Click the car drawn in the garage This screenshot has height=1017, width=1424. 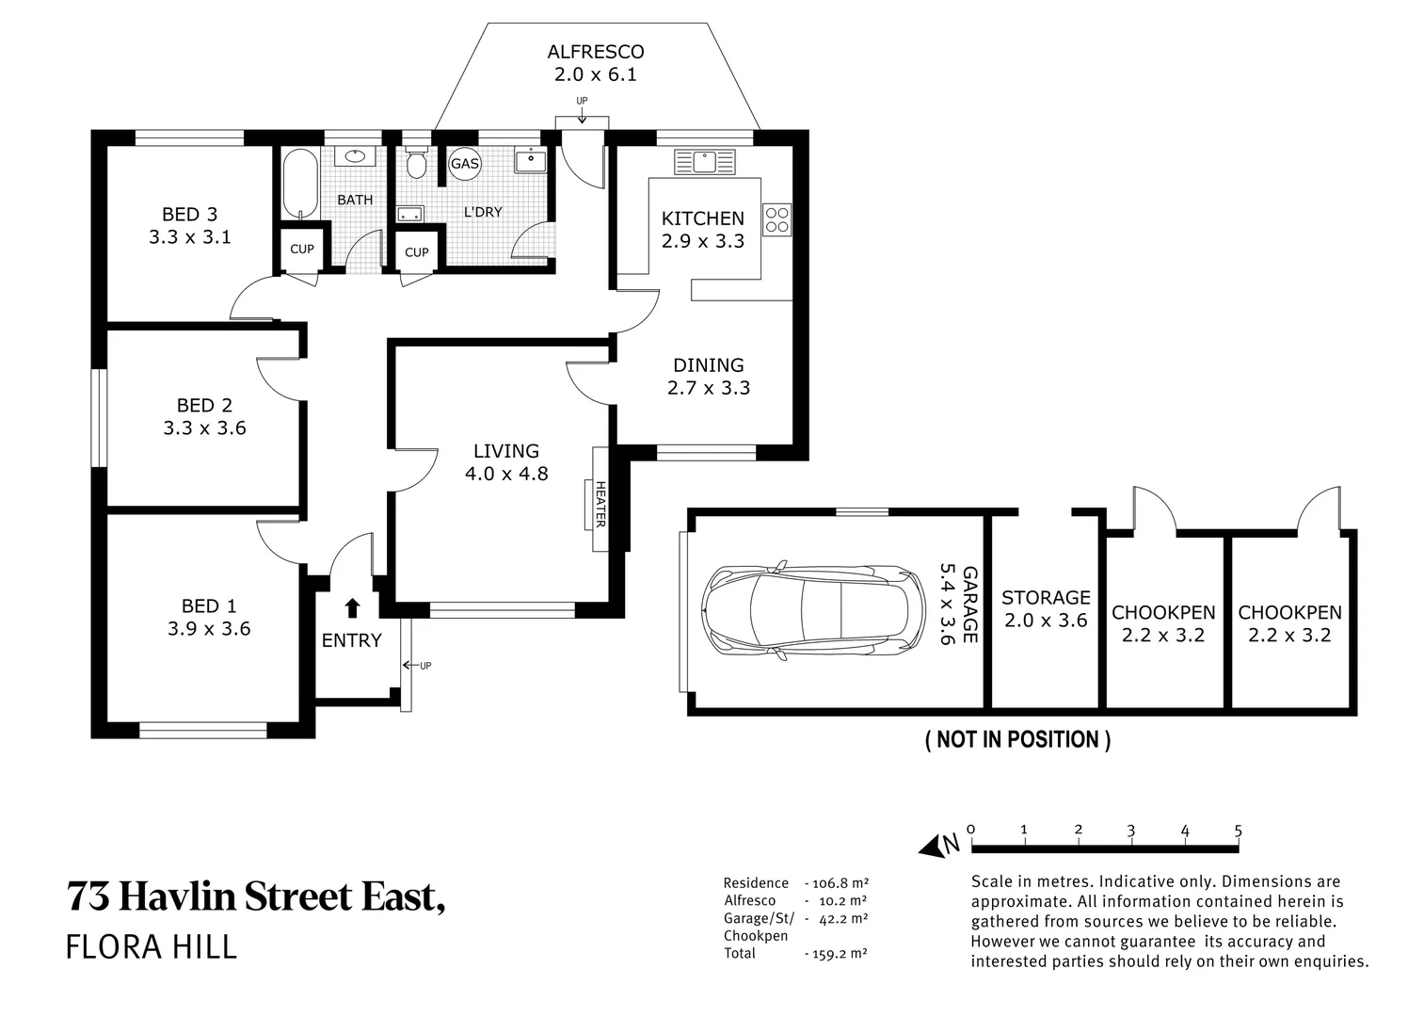tap(815, 609)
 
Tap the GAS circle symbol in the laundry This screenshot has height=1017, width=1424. tap(465, 164)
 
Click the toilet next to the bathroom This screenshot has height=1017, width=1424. tap(416, 162)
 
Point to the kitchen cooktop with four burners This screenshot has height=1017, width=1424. tap(777, 219)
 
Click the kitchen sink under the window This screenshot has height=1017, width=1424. tap(705, 161)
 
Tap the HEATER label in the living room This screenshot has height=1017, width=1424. tap(600, 504)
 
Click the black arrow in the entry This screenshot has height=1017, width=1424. tap(352, 607)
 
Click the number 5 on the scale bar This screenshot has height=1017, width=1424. tap(1238, 831)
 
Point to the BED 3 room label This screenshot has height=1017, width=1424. tap(189, 215)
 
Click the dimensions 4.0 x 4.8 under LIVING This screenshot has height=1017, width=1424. tap(506, 474)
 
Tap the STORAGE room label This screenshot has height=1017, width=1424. tap(1046, 598)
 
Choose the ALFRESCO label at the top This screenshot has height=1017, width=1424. tap(596, 52)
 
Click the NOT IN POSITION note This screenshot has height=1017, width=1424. tap(1017, 740)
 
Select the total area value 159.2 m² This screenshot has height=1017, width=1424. tap(837, 953)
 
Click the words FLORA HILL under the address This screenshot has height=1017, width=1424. tap(152, 946)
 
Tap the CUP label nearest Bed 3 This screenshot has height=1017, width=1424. tap(302, 250)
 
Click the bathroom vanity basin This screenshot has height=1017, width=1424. tap(356, 156)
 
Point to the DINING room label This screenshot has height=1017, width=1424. tap(708, 365)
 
